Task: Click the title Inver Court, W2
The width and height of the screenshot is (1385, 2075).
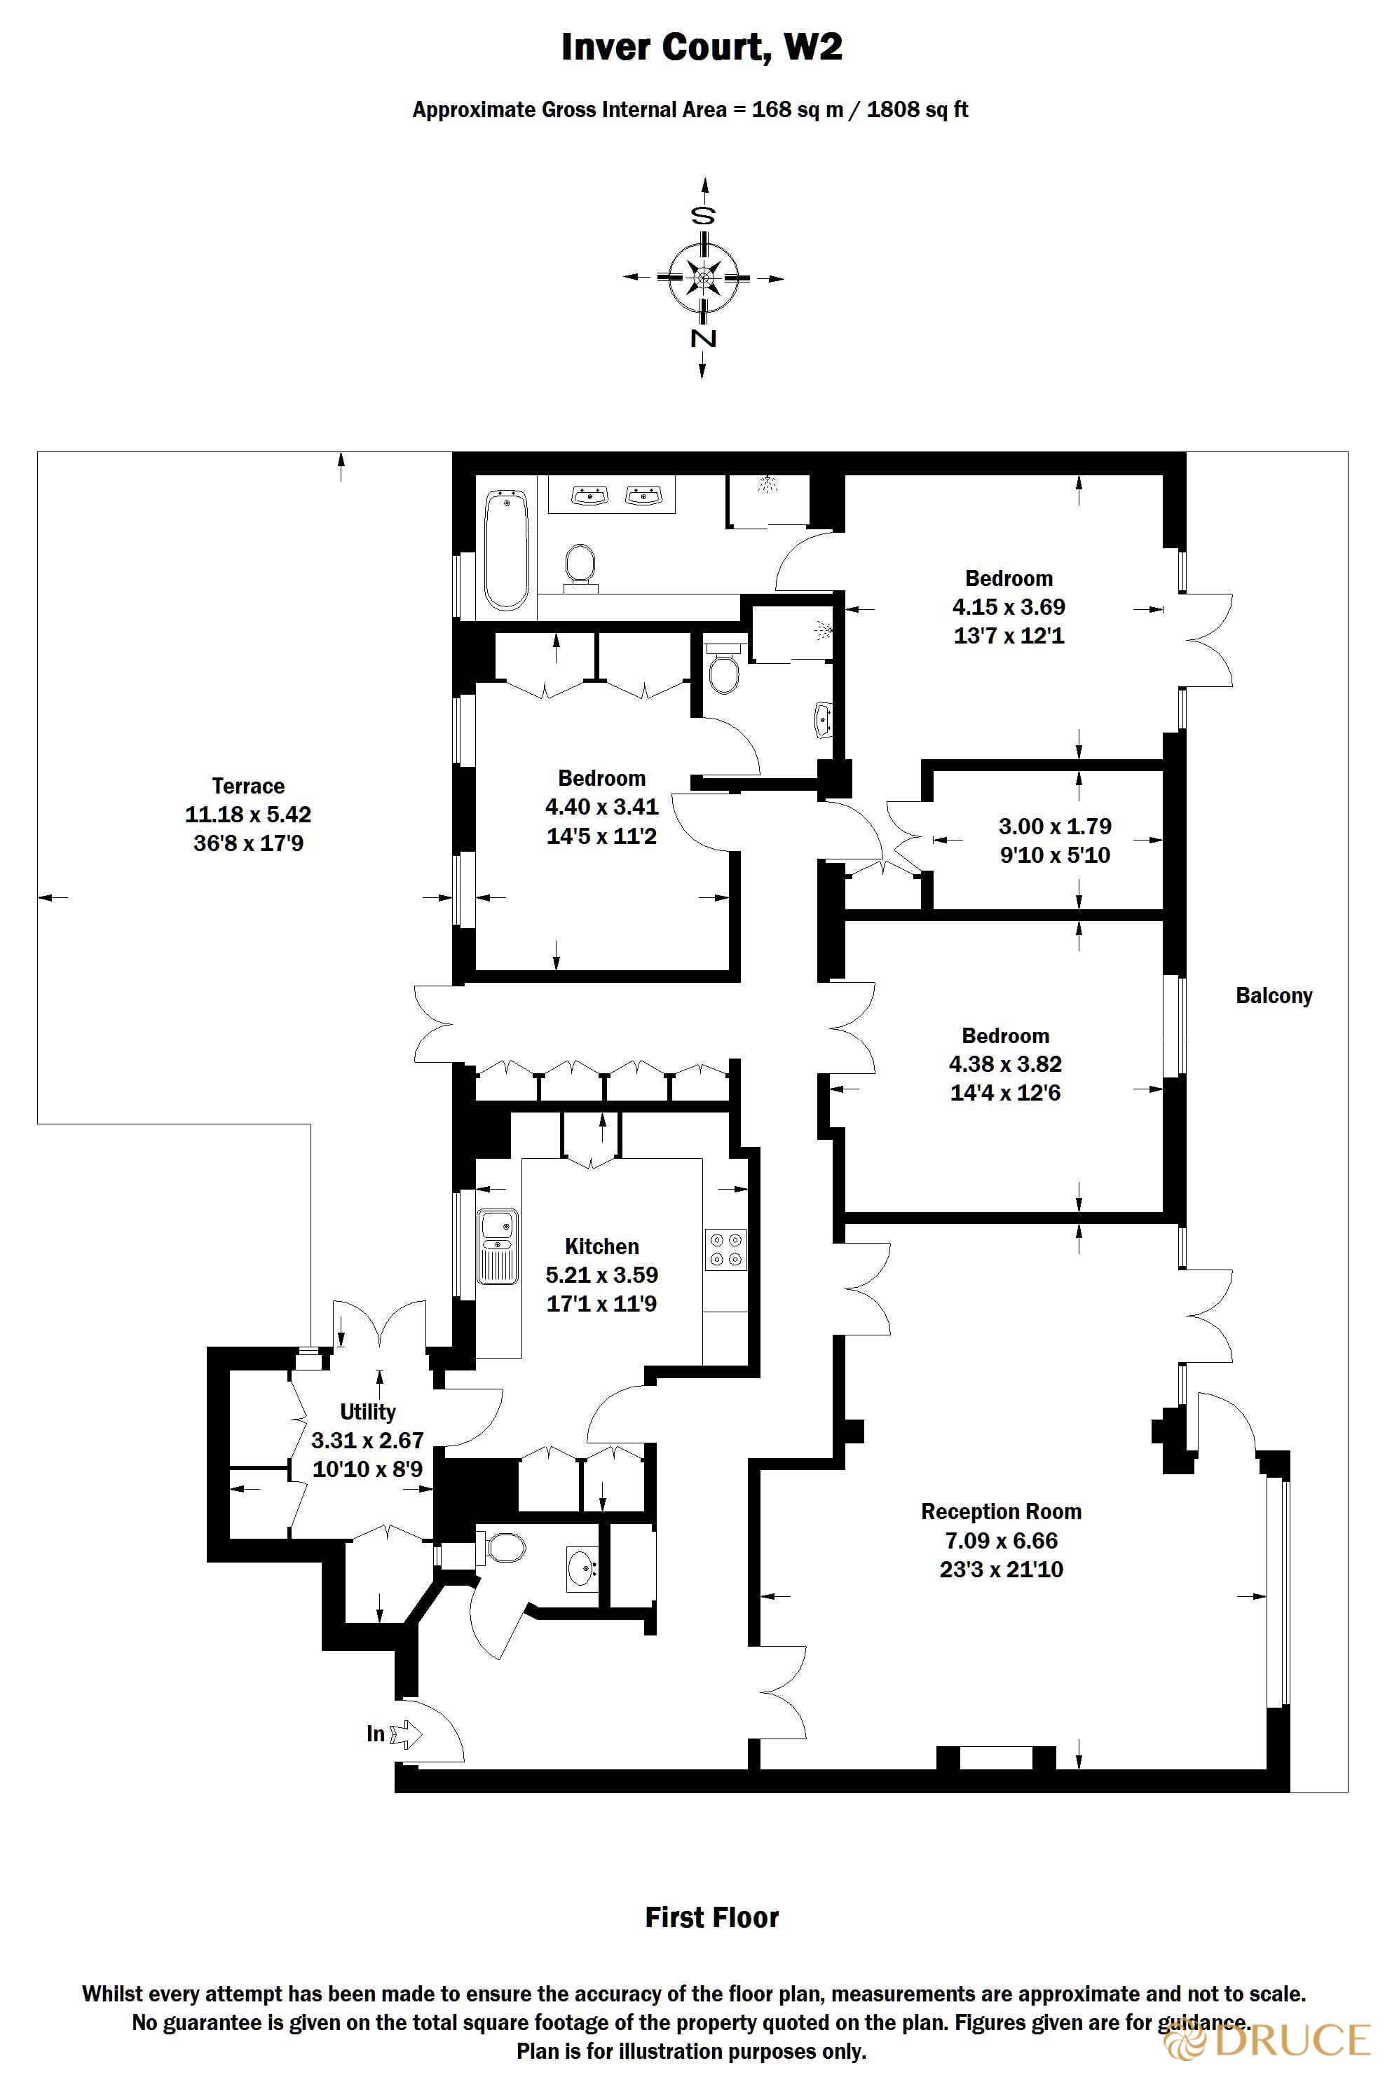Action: (x=702, y=47)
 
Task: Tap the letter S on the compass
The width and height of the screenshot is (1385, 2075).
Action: (x=703, y=215)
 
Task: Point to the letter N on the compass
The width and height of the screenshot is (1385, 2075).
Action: (x=703, y=339)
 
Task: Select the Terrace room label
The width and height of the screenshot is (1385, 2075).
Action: (x=248, y=785)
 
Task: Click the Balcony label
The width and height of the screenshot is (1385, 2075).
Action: (x=1274, y=995)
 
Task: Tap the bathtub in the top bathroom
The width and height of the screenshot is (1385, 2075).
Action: (x=507, y=550)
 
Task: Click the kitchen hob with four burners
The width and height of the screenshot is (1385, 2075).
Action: (x=726, y=1250)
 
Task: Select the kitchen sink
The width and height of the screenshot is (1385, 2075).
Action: (x=497, y=1246)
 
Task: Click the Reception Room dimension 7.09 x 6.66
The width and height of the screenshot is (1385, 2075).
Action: (x=1001, y=1541)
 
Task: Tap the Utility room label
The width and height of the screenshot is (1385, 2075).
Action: (x=367, y=1412)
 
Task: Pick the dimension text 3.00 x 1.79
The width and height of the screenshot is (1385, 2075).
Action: (x=1055, y=826)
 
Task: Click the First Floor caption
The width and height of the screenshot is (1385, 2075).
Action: (x=712, y=1918)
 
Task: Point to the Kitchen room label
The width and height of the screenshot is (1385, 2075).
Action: (x=601, y=1246)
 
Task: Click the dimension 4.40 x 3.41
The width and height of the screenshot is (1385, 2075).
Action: (x=601, y=806)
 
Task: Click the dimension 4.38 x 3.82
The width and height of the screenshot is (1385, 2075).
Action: (x=1005, y=1063)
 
